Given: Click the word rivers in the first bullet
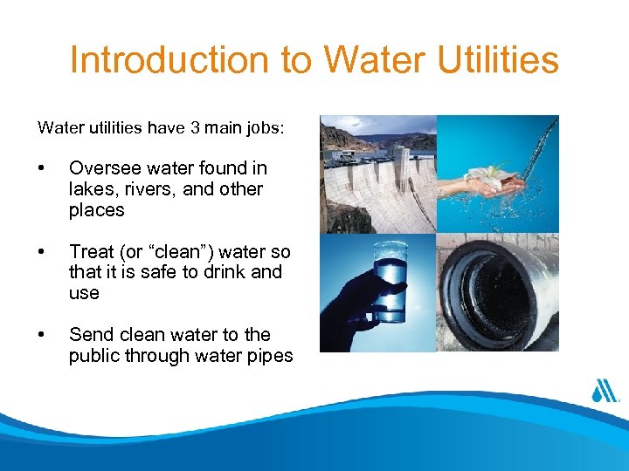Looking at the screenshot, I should point(150,188).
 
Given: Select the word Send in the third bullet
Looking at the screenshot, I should point(90,335).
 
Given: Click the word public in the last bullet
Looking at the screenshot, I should point(96,356).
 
